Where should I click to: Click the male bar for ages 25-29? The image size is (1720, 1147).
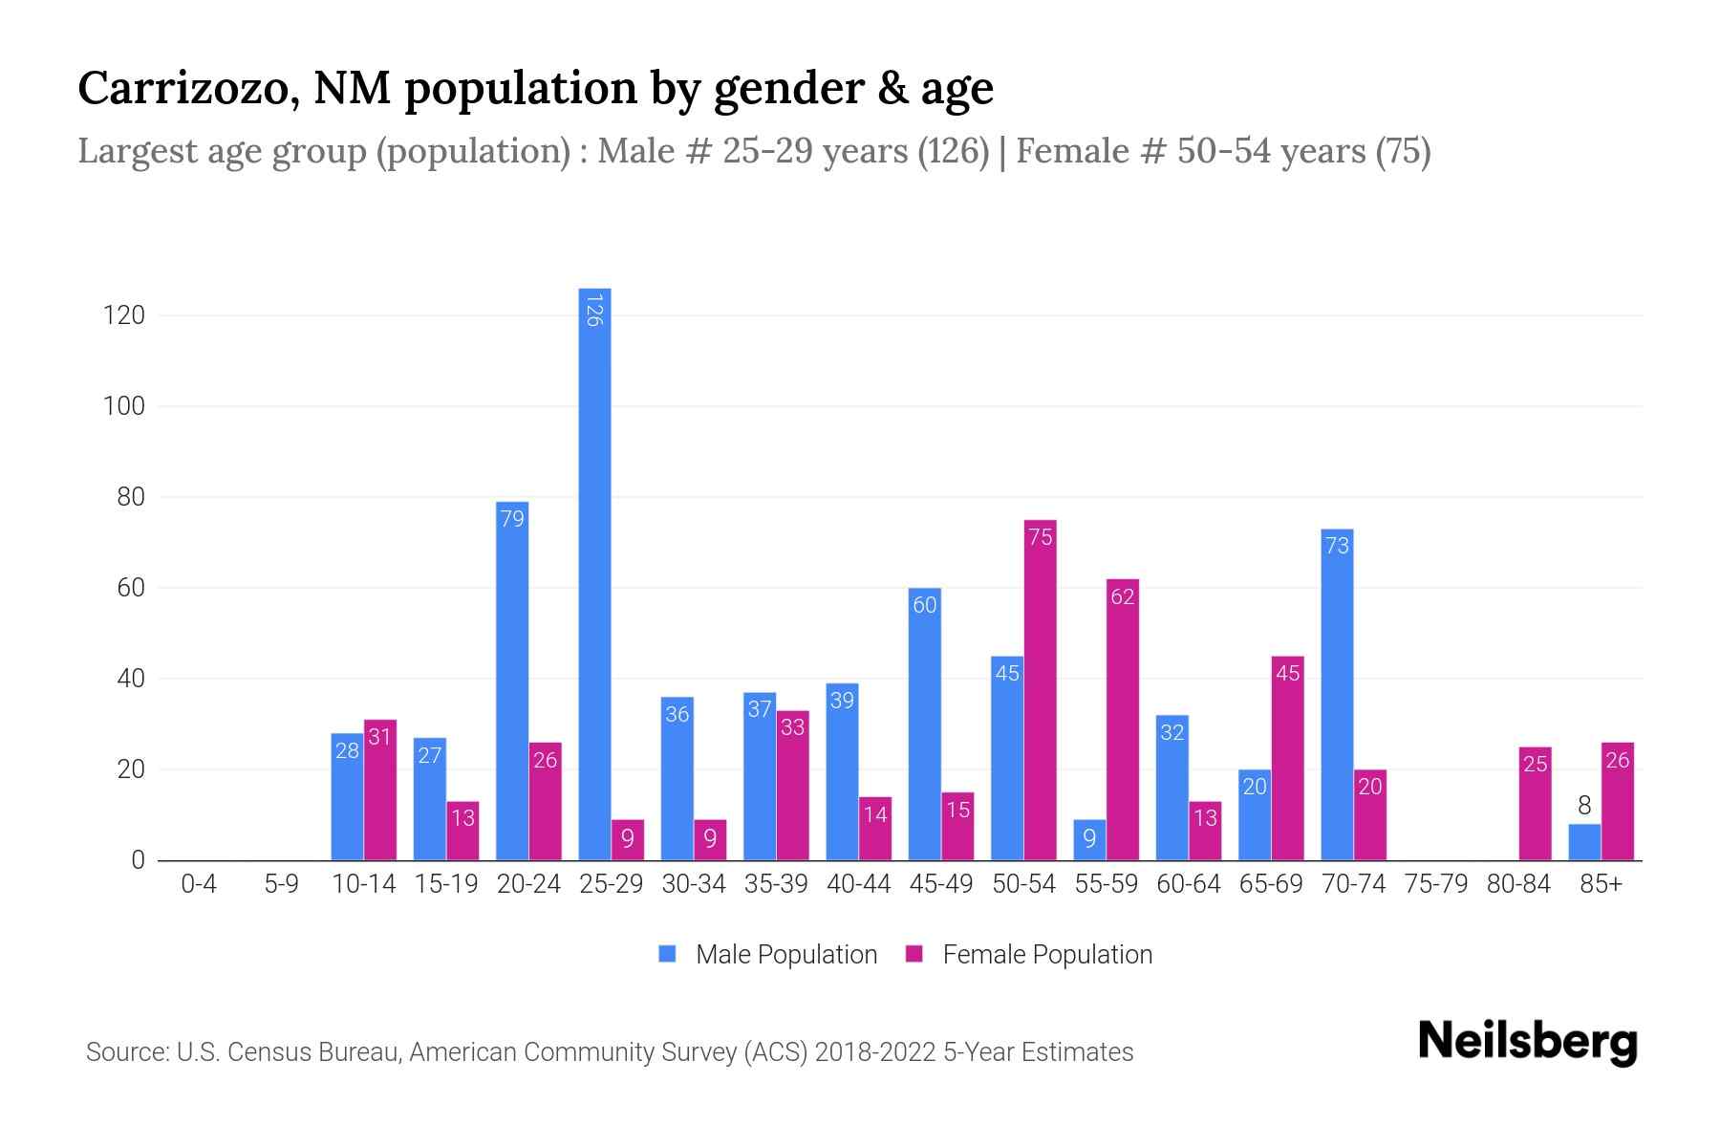594,573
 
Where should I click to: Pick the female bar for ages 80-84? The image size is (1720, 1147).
1535,804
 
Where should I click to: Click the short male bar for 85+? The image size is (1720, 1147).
1584,842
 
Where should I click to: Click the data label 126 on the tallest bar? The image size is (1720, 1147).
594,312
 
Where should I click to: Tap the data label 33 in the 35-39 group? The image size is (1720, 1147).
792,727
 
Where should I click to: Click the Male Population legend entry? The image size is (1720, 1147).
768,955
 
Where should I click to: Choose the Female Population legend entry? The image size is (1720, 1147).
1029,955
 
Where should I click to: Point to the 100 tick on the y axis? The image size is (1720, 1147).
124,406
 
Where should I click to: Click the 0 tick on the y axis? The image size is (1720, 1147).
138,860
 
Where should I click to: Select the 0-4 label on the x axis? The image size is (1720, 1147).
199,884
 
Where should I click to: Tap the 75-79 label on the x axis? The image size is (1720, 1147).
1436,884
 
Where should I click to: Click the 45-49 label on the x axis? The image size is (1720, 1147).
941,884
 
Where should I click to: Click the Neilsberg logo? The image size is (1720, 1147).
1527,1042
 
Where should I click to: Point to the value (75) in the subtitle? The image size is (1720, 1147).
1402,151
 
